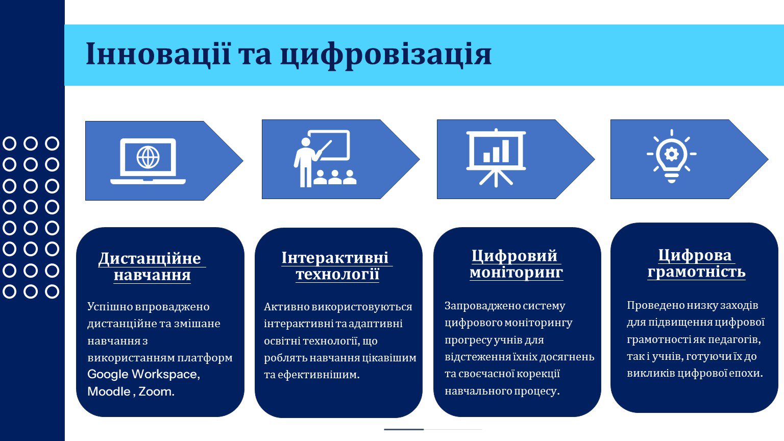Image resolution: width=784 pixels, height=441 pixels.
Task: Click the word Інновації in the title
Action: tap(159, 54)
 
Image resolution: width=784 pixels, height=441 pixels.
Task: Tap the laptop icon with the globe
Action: tap(148, 161)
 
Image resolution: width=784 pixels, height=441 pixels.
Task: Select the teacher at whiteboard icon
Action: tap(325, 159)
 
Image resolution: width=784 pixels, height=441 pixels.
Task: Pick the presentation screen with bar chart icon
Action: tap(496, 158)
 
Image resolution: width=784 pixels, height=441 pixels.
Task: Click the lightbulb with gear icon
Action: tap(671, 156)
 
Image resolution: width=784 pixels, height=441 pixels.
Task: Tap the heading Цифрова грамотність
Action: tap(696, 263)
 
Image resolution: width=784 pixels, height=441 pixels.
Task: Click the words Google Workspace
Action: tap(143, 374)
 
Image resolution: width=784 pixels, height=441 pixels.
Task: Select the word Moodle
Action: tap(109, 391)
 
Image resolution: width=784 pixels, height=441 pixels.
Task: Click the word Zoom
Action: tap(157, 391)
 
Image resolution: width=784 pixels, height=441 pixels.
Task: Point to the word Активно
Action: tap(286, 307)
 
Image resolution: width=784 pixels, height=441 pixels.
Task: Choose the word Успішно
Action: tap(109, 307)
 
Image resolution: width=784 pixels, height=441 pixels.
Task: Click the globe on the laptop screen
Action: tap(148, 157)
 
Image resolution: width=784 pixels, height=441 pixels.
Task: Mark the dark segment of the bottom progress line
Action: tap(404, 429)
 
